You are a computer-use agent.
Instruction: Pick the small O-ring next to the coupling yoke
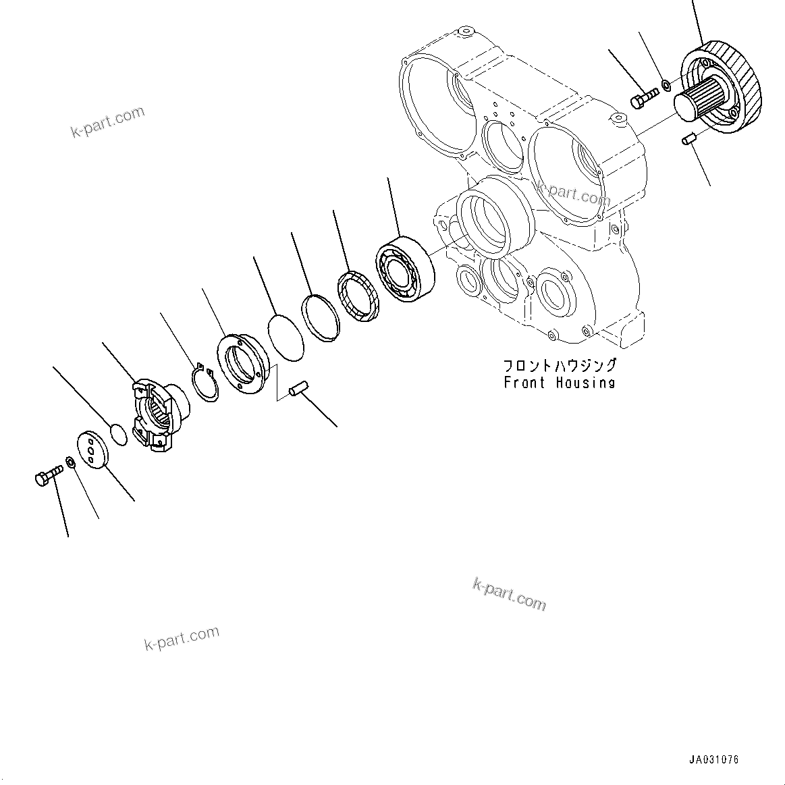pos(117,434)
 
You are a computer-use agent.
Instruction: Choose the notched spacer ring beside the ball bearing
pos(357,296)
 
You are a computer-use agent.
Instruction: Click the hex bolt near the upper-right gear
pos(643,99)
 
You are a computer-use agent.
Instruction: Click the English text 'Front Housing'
pos(560,383)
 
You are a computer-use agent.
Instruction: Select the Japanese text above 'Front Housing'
pos(560,365)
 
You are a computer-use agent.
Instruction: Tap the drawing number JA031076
pos(714,759)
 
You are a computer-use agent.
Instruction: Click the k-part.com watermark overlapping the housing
pos(573,194)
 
